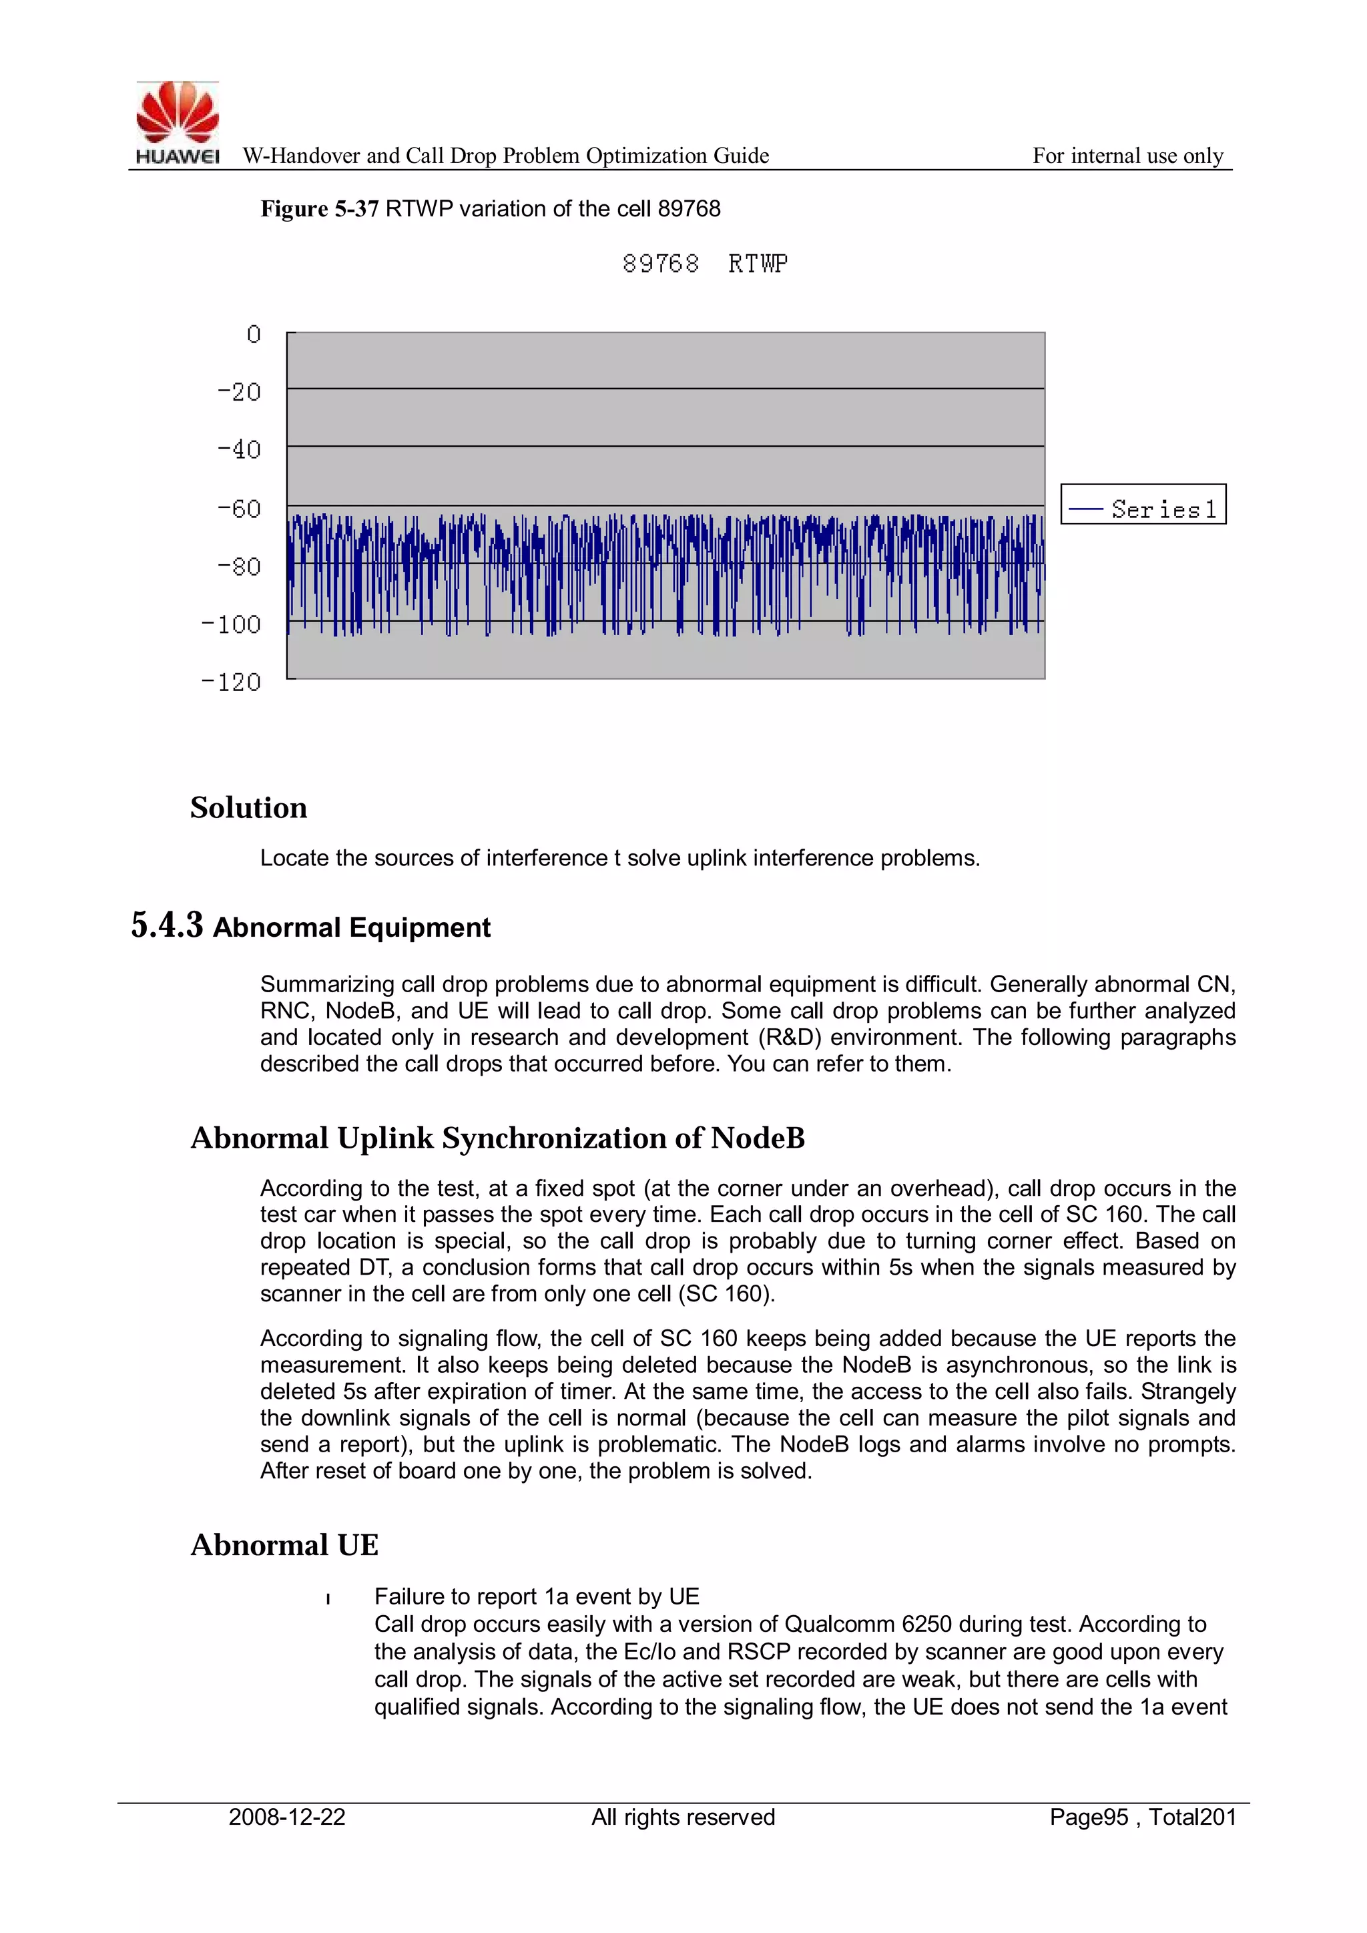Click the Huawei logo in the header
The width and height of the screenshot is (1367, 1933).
point(178,122)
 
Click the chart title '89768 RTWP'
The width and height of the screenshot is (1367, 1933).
point(705,264)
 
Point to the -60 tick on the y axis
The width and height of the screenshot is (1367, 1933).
point(240,509)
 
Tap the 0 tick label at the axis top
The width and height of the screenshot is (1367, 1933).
point(254,335)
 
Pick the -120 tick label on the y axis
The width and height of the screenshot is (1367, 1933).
point(232,682)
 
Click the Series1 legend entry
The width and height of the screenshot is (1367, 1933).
point(1143,509)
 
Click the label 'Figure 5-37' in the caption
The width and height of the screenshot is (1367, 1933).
point(319,209)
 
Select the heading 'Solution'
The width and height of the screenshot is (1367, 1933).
point(248,808)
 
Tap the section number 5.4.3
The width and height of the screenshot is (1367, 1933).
point(167,925)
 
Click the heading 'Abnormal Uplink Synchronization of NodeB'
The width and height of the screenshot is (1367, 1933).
point(497,1138)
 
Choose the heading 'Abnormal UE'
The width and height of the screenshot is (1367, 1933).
point(284,1546)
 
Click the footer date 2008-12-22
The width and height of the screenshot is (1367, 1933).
point(287,1817)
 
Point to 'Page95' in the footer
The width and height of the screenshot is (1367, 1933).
point(1089,1817)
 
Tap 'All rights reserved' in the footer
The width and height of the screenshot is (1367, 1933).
point(683,1817)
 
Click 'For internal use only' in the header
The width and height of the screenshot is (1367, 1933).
point(1128,156)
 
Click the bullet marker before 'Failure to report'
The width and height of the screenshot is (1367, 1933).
point(328,1598)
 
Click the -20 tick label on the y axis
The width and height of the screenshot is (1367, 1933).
point(240,393)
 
